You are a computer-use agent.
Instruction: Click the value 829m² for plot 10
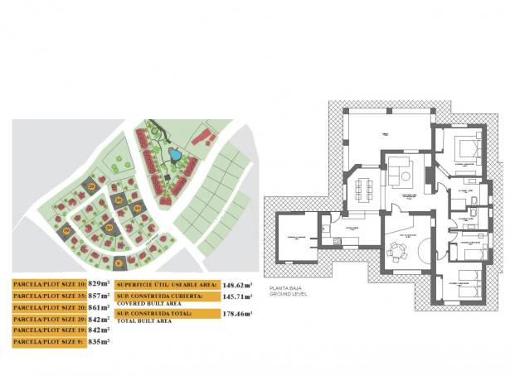tap(99, 284)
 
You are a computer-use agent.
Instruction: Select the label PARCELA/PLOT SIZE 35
tap(49, 296)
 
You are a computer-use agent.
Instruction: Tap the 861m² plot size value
tap(99, 307)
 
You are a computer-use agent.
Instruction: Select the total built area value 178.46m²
tap(236, 314)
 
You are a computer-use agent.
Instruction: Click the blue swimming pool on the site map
tap(175, 155)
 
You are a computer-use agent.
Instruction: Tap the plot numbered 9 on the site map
tap(119, 263)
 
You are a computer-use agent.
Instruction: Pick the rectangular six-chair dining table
tap(362, 190)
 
